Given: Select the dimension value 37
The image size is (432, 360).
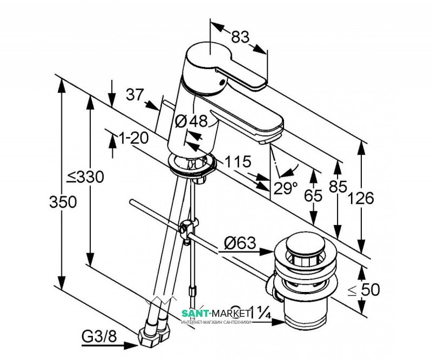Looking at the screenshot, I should click(136, 94).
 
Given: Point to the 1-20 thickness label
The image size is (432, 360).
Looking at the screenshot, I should click(132, 139).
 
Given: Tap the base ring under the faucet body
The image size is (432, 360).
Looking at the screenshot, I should click(192, 165).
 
